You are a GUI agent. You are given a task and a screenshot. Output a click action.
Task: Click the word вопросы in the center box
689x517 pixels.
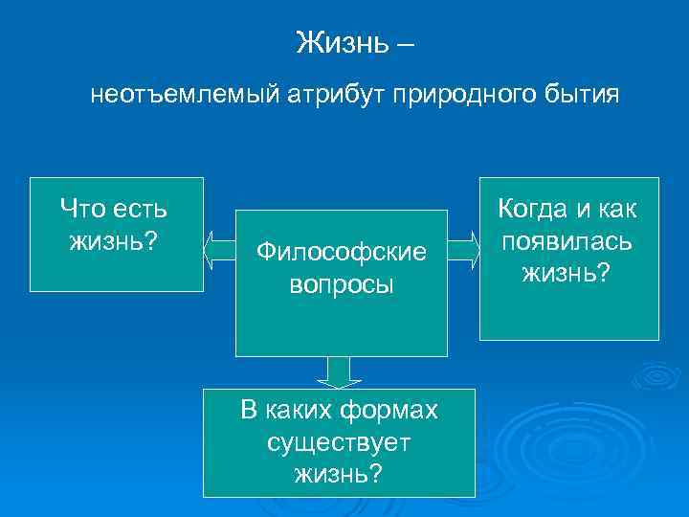[341, 285]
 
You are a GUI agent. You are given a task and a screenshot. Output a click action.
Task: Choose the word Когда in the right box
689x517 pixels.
[534, 210]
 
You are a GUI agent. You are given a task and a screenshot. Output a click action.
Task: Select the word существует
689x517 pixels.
[339, 442]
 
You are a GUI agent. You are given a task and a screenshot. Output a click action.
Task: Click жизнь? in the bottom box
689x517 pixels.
[339, 473]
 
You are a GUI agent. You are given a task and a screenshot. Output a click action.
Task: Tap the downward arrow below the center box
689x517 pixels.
[339, 371]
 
